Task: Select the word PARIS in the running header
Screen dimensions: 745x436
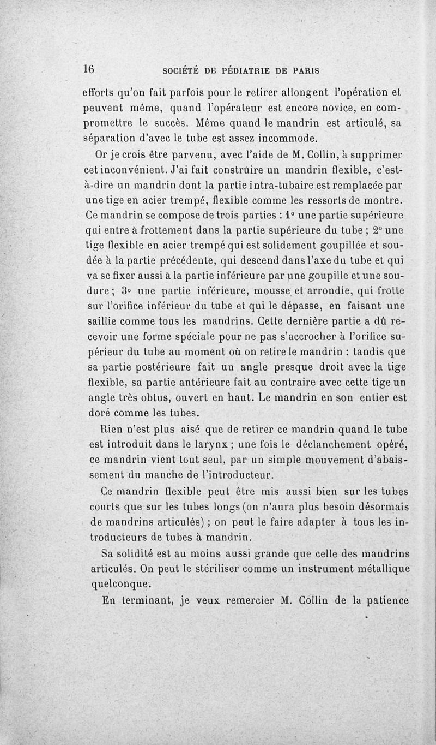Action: tap(306, 70)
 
